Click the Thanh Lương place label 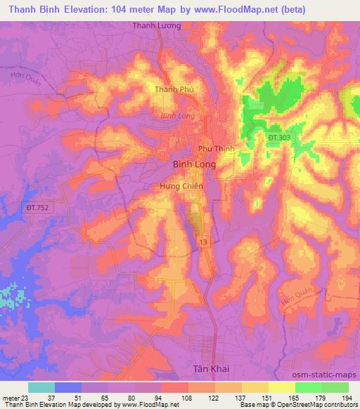157,25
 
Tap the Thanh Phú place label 174,89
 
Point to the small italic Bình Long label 176,115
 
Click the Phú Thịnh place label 216,148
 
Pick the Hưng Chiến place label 181,186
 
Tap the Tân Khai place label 212,368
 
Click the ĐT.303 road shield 280,138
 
